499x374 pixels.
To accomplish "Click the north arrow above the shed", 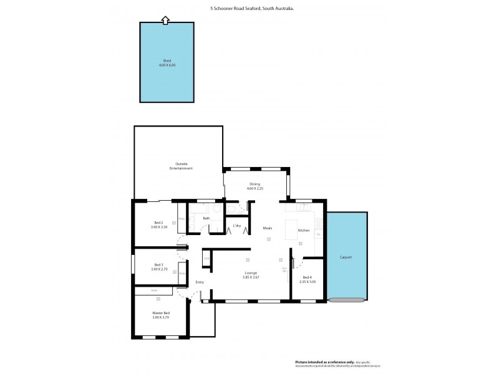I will click(x=165, y=20).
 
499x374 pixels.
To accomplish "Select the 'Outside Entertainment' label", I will click(x=181, y=166).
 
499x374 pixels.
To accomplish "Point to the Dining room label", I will click(x=254, y=186).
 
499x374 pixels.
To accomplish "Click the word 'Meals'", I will click(x=268, y=228).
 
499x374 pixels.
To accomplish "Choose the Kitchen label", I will click(x=304, y=230).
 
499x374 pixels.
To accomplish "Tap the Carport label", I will click(x=346, y=257).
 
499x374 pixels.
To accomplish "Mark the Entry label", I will click(x=200, y=282).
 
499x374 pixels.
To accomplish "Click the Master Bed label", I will click(x=161, y=315).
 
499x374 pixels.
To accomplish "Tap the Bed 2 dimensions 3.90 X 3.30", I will click(x=159, y=228).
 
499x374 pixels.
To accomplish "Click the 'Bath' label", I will click(x=206, y=218).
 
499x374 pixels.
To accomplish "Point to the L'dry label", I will click(x=237, y=225).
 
